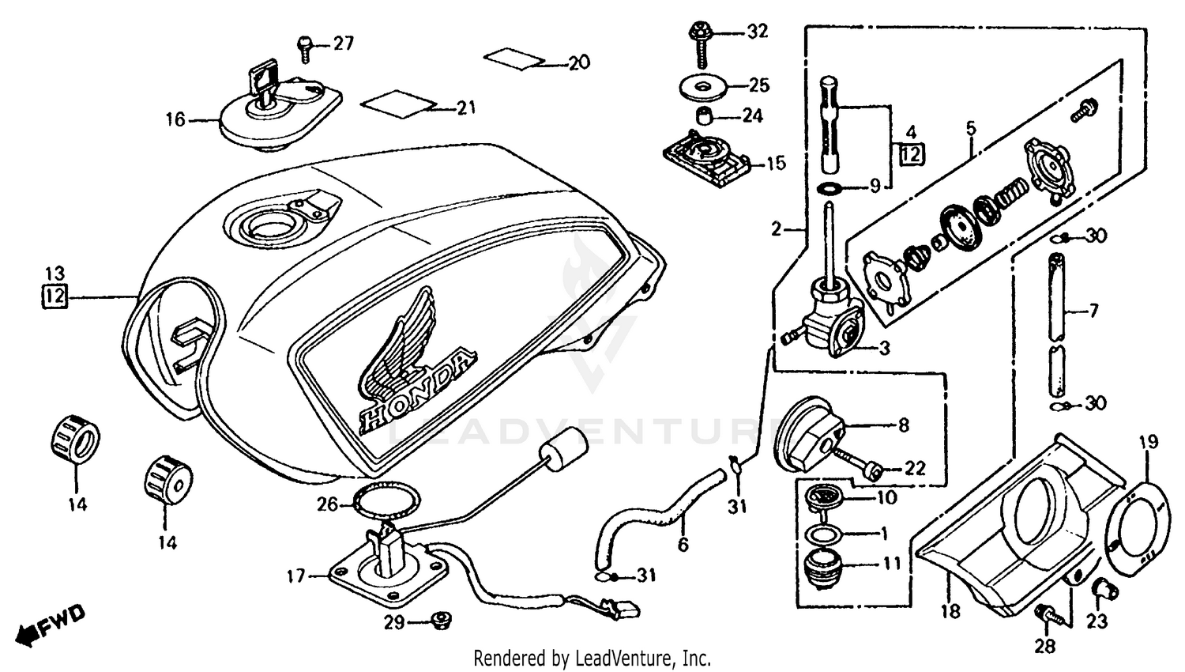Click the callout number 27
[x=343, y=43]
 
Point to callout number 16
[x=175, y=119]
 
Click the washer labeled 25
[x=702, y=85]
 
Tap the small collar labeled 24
[x=704, y=117]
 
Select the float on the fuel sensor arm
[x=562, y=456]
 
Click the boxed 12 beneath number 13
[x=55, y=297]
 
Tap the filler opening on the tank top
[x=265, y=226]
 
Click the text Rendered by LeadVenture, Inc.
[x=592, y=658]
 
